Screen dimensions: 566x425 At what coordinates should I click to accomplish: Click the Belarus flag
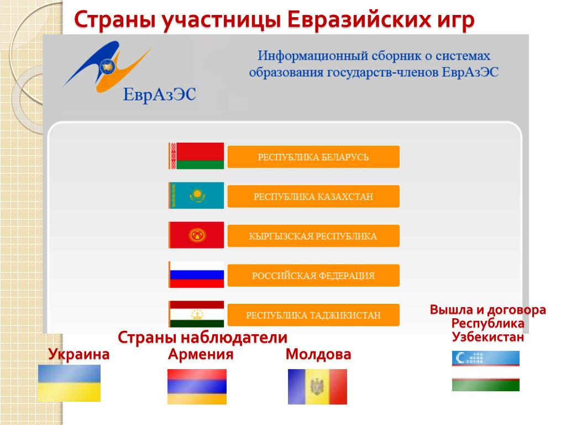196,156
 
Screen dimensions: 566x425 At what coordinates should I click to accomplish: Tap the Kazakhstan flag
196,195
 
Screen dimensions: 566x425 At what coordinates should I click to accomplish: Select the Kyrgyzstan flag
196,235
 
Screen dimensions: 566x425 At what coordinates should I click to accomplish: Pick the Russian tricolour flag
196,274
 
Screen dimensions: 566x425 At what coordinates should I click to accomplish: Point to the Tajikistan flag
196,314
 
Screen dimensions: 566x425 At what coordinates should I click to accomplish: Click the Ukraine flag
69,383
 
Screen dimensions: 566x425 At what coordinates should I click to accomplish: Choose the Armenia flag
197,386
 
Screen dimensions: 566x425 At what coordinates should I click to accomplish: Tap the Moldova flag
317,386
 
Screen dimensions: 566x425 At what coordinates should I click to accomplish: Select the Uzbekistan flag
485,371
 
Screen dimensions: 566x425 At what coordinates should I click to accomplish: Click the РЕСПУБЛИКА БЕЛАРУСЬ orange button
313,157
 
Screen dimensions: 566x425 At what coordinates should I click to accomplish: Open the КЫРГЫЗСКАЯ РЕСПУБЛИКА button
313,236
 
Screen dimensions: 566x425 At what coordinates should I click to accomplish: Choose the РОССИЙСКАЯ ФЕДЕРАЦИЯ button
313,276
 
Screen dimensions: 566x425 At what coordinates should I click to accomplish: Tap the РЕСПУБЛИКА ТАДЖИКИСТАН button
313,315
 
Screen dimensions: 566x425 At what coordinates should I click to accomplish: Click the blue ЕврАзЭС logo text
159,95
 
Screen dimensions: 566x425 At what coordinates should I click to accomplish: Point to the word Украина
78,354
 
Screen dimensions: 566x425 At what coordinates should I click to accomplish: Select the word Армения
201,354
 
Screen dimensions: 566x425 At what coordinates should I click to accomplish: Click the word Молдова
318,354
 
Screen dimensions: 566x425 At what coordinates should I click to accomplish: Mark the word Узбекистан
488,337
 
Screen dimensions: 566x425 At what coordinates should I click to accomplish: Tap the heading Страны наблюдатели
202,338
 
